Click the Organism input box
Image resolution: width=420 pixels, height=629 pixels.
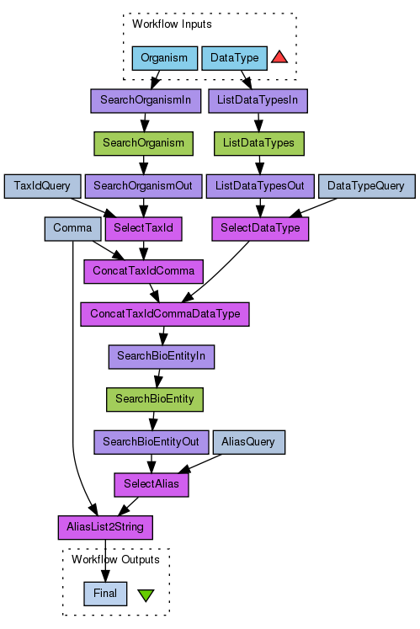pyautogui.click(x=165, y=58)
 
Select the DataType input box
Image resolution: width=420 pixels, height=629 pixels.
pyautogui.click(x=234, y=58)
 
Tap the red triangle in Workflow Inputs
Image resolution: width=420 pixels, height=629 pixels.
pyautogui.click(x=279, y=57)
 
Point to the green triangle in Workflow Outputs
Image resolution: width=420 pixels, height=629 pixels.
pyautogui.click(x=146, y=595)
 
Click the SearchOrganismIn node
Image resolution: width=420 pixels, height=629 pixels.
pyautogui.click(x=146, y=101)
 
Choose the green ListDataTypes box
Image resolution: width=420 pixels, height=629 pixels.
pyautogui.click(x=258, y=144)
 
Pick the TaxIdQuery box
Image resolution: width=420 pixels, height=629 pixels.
pyautogui.click(x=43, y=186)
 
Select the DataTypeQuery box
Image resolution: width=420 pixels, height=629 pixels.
pyautogui.click(x=367, y=186)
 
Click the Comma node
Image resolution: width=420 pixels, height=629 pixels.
pyautogui.click(x=72, y=229)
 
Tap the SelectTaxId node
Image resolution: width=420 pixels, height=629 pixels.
pyautogui.click(x=144, y=229)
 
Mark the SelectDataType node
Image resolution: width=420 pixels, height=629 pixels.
pyautogui.click(x=260, y=229)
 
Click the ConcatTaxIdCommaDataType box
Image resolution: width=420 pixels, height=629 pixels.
pyautogui.click(x=165, y=314)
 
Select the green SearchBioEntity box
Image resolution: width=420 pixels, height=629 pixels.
pyautogui.click(x=155, y=399)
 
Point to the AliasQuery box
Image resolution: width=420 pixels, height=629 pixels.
pyautogui.click(x=248, y=442)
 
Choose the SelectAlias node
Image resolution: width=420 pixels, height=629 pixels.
pyautogui.click(x=152, y=485)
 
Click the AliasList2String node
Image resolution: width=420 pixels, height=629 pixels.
pyautogui.click(x=105, y=527)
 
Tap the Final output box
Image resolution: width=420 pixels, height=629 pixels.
pyautogui.click(x=105, y=594)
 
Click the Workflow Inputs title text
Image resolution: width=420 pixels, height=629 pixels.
pyautogui.click(x=172, y=24)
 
